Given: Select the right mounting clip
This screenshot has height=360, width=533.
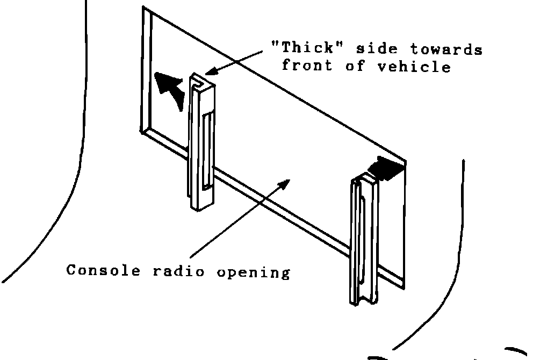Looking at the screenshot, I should (x=364, y=239).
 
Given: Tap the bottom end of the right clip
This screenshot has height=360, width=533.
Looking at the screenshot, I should (x=363, y=300).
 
